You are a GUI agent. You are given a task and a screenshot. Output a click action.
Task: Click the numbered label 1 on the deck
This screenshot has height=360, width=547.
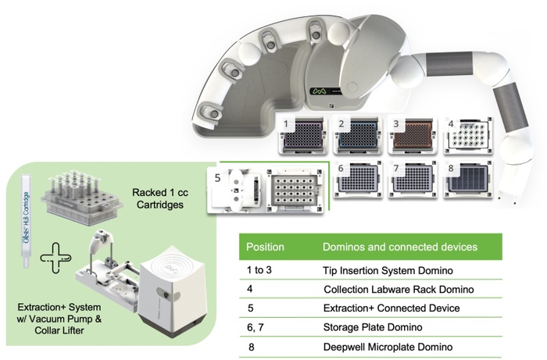click(x=288, y=124)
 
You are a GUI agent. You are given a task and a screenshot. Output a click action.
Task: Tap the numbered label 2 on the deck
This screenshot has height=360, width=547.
click(x=341, y=124)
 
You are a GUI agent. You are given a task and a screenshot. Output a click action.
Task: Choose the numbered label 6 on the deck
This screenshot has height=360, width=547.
click(x=341, y=168)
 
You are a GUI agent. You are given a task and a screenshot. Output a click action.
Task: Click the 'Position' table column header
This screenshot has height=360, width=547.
click(x=266, y=247)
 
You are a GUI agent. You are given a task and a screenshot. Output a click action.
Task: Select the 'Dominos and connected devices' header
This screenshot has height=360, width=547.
click(x=399, y=247)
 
